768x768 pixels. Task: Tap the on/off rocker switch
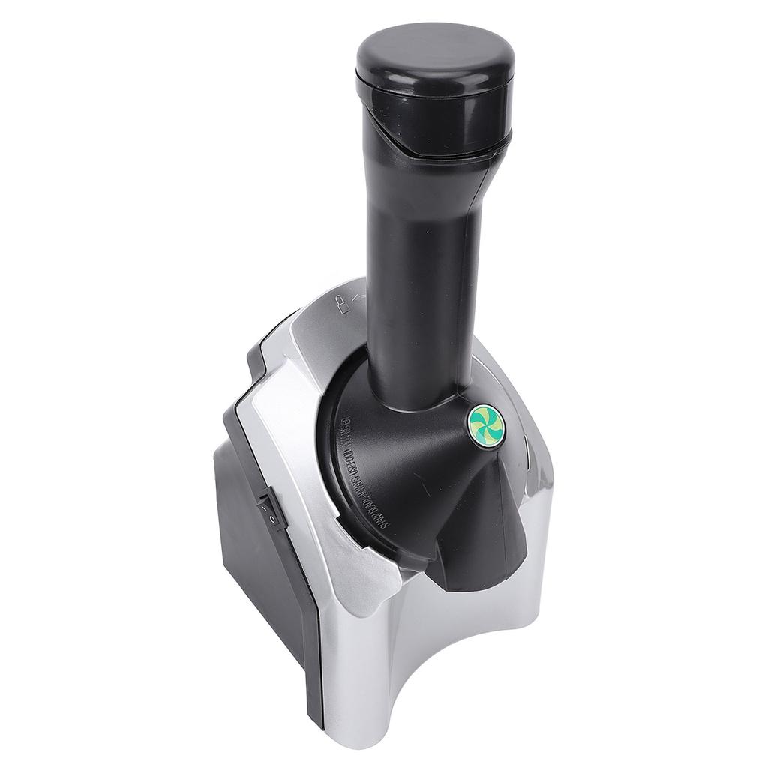[272, 510]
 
